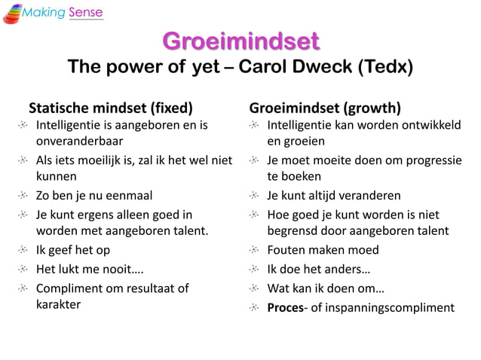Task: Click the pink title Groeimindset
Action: [x=240, y=40]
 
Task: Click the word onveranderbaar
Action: [x=80, y=140]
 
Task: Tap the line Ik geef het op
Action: [x=73, y=250]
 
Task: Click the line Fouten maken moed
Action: [x=323, y=250]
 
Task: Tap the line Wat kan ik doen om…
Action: [x=326, y=288]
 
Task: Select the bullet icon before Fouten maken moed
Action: [x=256, y=250]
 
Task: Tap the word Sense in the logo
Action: [x=85, y=13]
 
